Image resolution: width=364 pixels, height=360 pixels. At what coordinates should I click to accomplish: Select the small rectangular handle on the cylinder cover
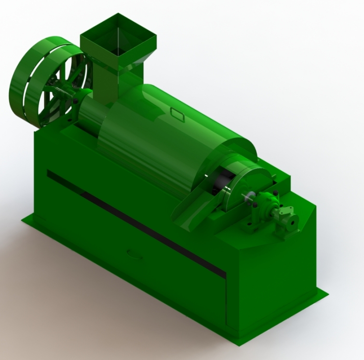177,114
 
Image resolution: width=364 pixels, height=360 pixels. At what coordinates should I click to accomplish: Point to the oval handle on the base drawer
135,254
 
